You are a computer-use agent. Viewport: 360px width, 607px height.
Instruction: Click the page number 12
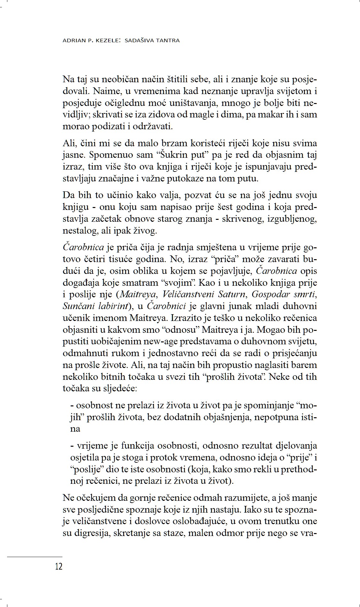[x=59, y=567]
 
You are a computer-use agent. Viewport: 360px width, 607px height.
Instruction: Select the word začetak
[x=105, y=219]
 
